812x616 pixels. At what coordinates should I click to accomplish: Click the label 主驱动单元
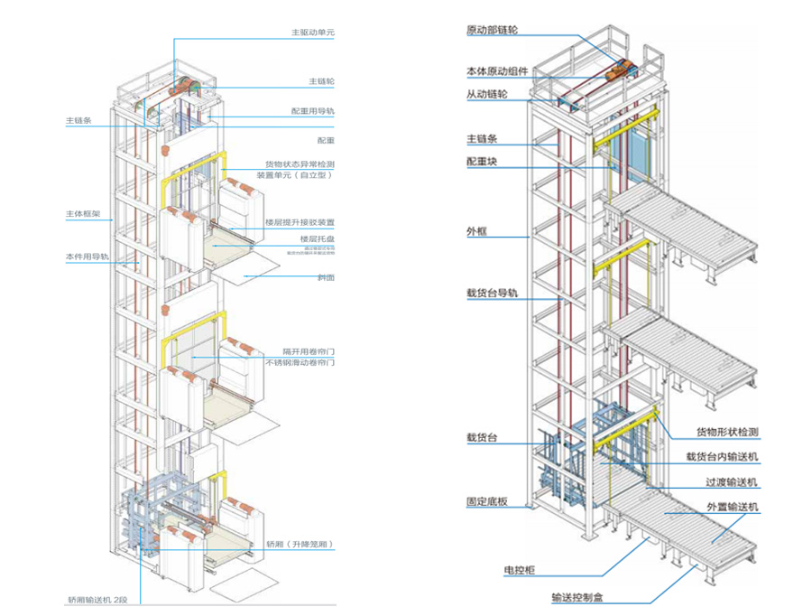click(313, 33)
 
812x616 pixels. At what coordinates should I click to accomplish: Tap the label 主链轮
click(320, 80)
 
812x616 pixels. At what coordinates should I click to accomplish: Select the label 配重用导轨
click(312, 111)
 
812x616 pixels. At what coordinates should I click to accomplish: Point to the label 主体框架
click(82, 214)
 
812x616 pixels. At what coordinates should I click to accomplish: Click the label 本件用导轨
click(87, 257)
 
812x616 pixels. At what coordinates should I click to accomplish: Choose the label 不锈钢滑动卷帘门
click(300, 361)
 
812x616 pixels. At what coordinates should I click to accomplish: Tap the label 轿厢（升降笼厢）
click(300, 546)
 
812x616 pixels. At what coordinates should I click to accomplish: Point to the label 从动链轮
click(488, 94)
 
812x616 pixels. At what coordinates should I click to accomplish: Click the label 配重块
click(482, 162)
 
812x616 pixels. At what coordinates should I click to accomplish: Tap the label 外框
click(476, 231)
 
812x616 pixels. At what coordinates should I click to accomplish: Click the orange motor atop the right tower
click(623, 68)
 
